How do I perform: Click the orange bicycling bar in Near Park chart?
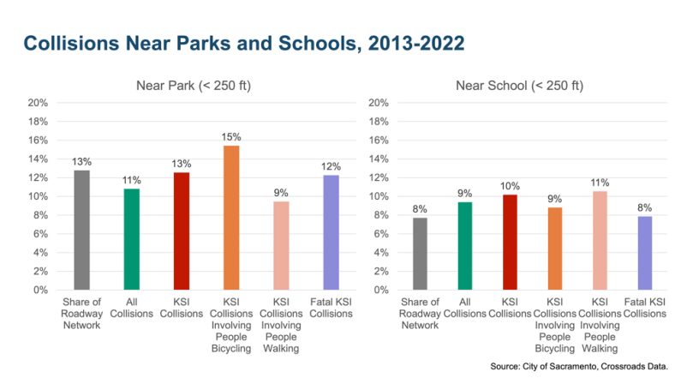click(231, 218)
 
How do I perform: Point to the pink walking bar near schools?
click(600, 240)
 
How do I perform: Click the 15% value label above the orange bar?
click(231, 136)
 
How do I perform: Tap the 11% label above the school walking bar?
click(600, 183)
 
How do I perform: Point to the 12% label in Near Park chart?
click(331, 165)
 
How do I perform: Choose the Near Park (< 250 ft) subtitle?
click(193, 86)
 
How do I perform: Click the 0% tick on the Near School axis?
click(381, 290)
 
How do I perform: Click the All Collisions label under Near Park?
click(131, 308)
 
